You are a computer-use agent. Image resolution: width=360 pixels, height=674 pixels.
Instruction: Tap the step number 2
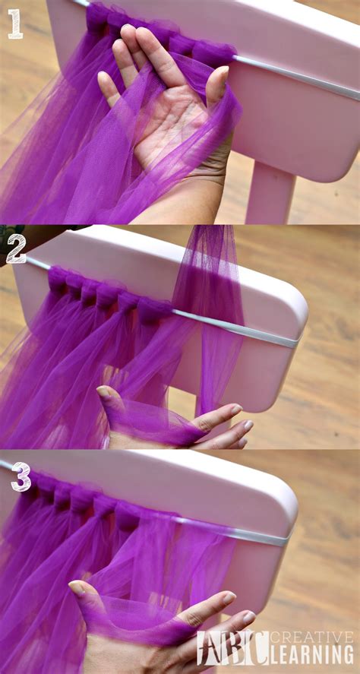16,248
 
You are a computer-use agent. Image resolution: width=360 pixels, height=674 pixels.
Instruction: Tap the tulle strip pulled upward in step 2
209,304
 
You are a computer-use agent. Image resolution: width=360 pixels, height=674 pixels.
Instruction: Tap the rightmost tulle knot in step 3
128,516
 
